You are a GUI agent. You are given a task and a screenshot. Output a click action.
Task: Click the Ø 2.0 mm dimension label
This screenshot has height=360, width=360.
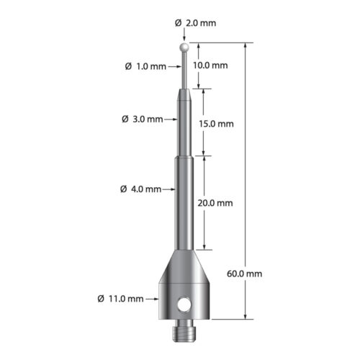coord(196,23)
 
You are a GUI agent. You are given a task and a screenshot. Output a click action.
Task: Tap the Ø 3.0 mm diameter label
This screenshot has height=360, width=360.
coord(143,119)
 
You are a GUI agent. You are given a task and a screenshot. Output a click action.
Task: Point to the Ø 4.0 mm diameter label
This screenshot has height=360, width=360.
coord(141,189)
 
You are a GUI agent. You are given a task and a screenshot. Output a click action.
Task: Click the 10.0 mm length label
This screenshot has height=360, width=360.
coord(212,66)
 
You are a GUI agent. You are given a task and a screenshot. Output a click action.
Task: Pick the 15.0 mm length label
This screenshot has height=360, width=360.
coord(215,123)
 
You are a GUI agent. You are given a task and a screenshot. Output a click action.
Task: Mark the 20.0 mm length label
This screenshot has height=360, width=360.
coord(215,203)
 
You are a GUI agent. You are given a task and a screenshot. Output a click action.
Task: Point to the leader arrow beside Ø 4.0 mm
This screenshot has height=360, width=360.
coord(171,189)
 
